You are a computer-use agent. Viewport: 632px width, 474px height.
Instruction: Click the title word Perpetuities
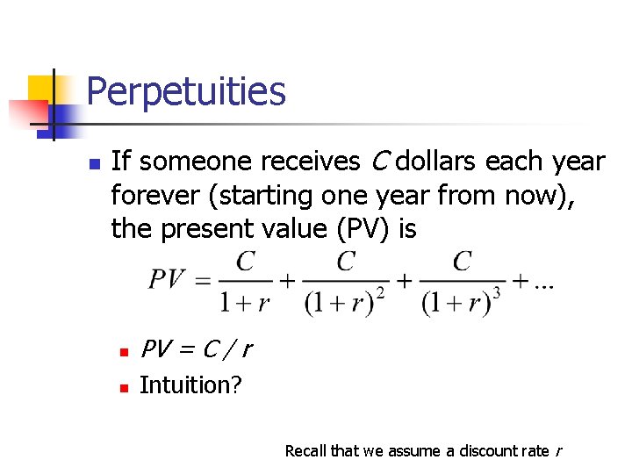click(186, 91)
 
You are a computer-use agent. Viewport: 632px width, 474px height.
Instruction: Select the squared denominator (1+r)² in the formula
click(346, 303)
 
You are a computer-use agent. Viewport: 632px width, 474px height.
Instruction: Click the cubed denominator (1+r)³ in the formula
click(461, 303)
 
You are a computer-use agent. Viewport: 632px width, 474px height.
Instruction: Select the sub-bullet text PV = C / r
click(196, 350)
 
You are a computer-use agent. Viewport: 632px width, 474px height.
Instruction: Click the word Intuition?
click(190, 385)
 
